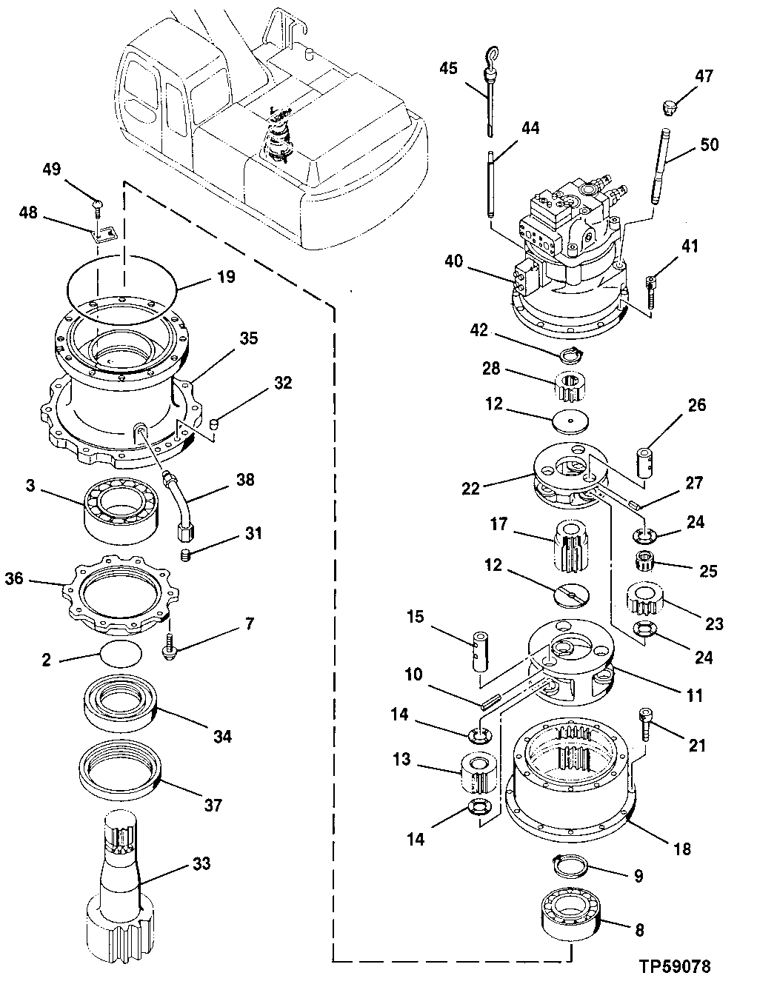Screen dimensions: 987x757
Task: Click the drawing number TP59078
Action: tap(678, 968)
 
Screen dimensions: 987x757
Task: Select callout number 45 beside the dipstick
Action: tap(448, 69)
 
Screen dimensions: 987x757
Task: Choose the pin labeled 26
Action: tap(644, 462)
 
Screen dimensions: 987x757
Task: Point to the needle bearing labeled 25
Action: tap(647, 565)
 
